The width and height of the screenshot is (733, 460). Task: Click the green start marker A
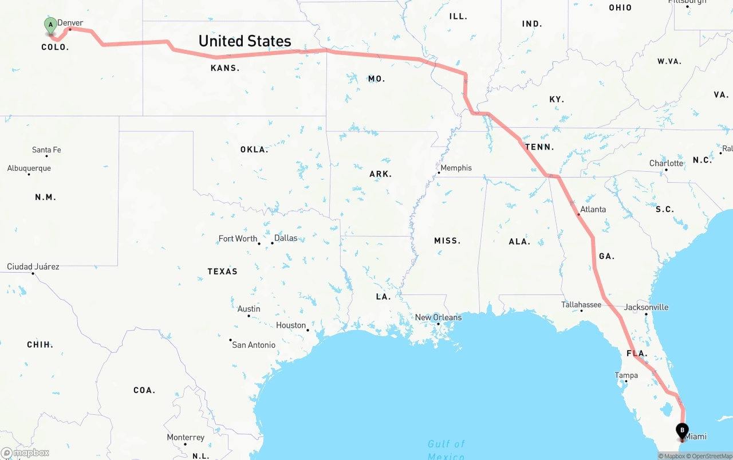50,25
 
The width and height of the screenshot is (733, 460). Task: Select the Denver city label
70,23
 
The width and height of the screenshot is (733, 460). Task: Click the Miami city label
696,437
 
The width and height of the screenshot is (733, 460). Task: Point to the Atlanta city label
593,209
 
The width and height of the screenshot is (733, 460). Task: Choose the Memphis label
456,168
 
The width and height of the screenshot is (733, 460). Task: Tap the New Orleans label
438,317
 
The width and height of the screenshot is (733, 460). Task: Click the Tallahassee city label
581,304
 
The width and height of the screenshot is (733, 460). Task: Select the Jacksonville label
646,307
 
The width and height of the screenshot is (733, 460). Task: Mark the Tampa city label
626,375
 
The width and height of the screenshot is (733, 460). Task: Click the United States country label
245,41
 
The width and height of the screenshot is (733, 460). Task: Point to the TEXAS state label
222,272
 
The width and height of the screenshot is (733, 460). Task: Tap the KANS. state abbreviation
225,68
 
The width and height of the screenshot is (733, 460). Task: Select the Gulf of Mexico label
446,450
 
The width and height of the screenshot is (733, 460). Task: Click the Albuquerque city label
29,168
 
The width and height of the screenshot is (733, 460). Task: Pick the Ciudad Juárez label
33,266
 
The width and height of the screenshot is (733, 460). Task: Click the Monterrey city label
186,437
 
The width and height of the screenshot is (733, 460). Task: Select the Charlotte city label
666,163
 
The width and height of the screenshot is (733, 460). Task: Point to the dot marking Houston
308,330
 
